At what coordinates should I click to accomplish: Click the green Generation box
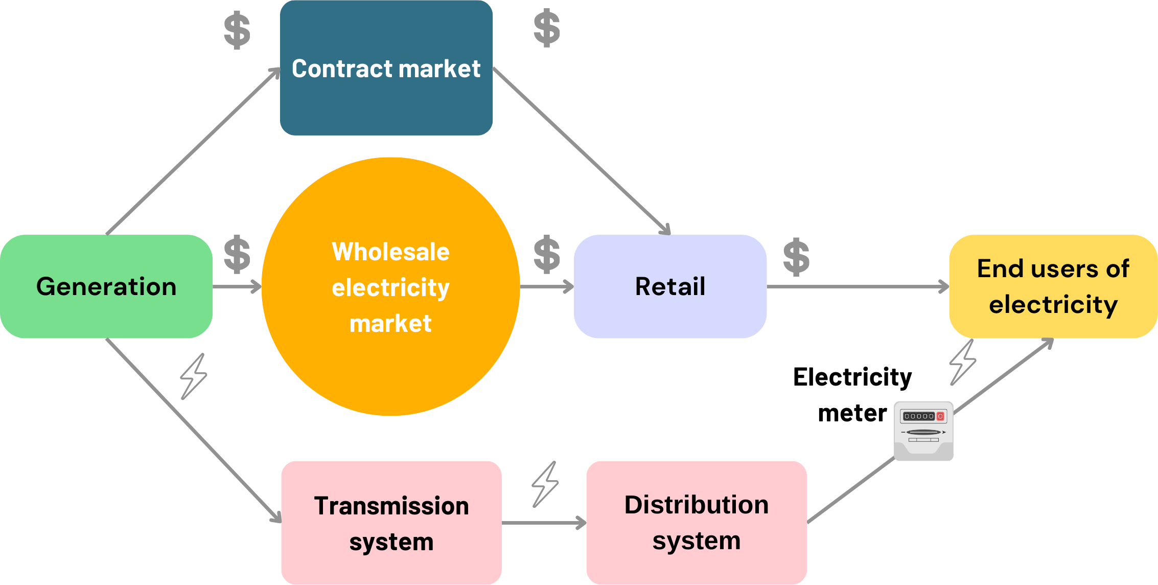coord(106,286)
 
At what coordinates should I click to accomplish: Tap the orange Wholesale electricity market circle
coord(391,358)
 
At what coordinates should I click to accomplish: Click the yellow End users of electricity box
coord(1053,286)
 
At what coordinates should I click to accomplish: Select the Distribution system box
coord(697,523)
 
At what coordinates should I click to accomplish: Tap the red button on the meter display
coord(940,416)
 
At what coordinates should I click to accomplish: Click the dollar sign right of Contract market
coord(547,28)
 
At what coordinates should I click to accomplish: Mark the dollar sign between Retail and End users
coord(796,257)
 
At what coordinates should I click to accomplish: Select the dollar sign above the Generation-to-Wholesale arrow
coord(238,254)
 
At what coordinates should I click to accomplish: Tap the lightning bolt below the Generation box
coord(194,376)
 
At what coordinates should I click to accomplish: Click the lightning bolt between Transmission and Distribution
coord(545,484)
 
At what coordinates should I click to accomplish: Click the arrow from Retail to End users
coord(859,286)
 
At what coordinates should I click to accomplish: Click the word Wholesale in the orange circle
coord(391,252)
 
